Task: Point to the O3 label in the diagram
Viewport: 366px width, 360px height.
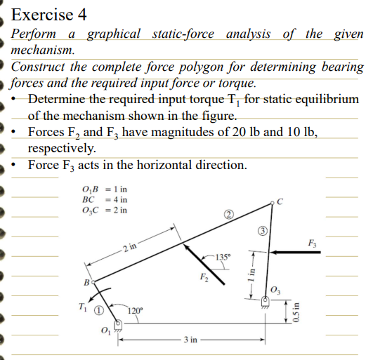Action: point(274,293)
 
